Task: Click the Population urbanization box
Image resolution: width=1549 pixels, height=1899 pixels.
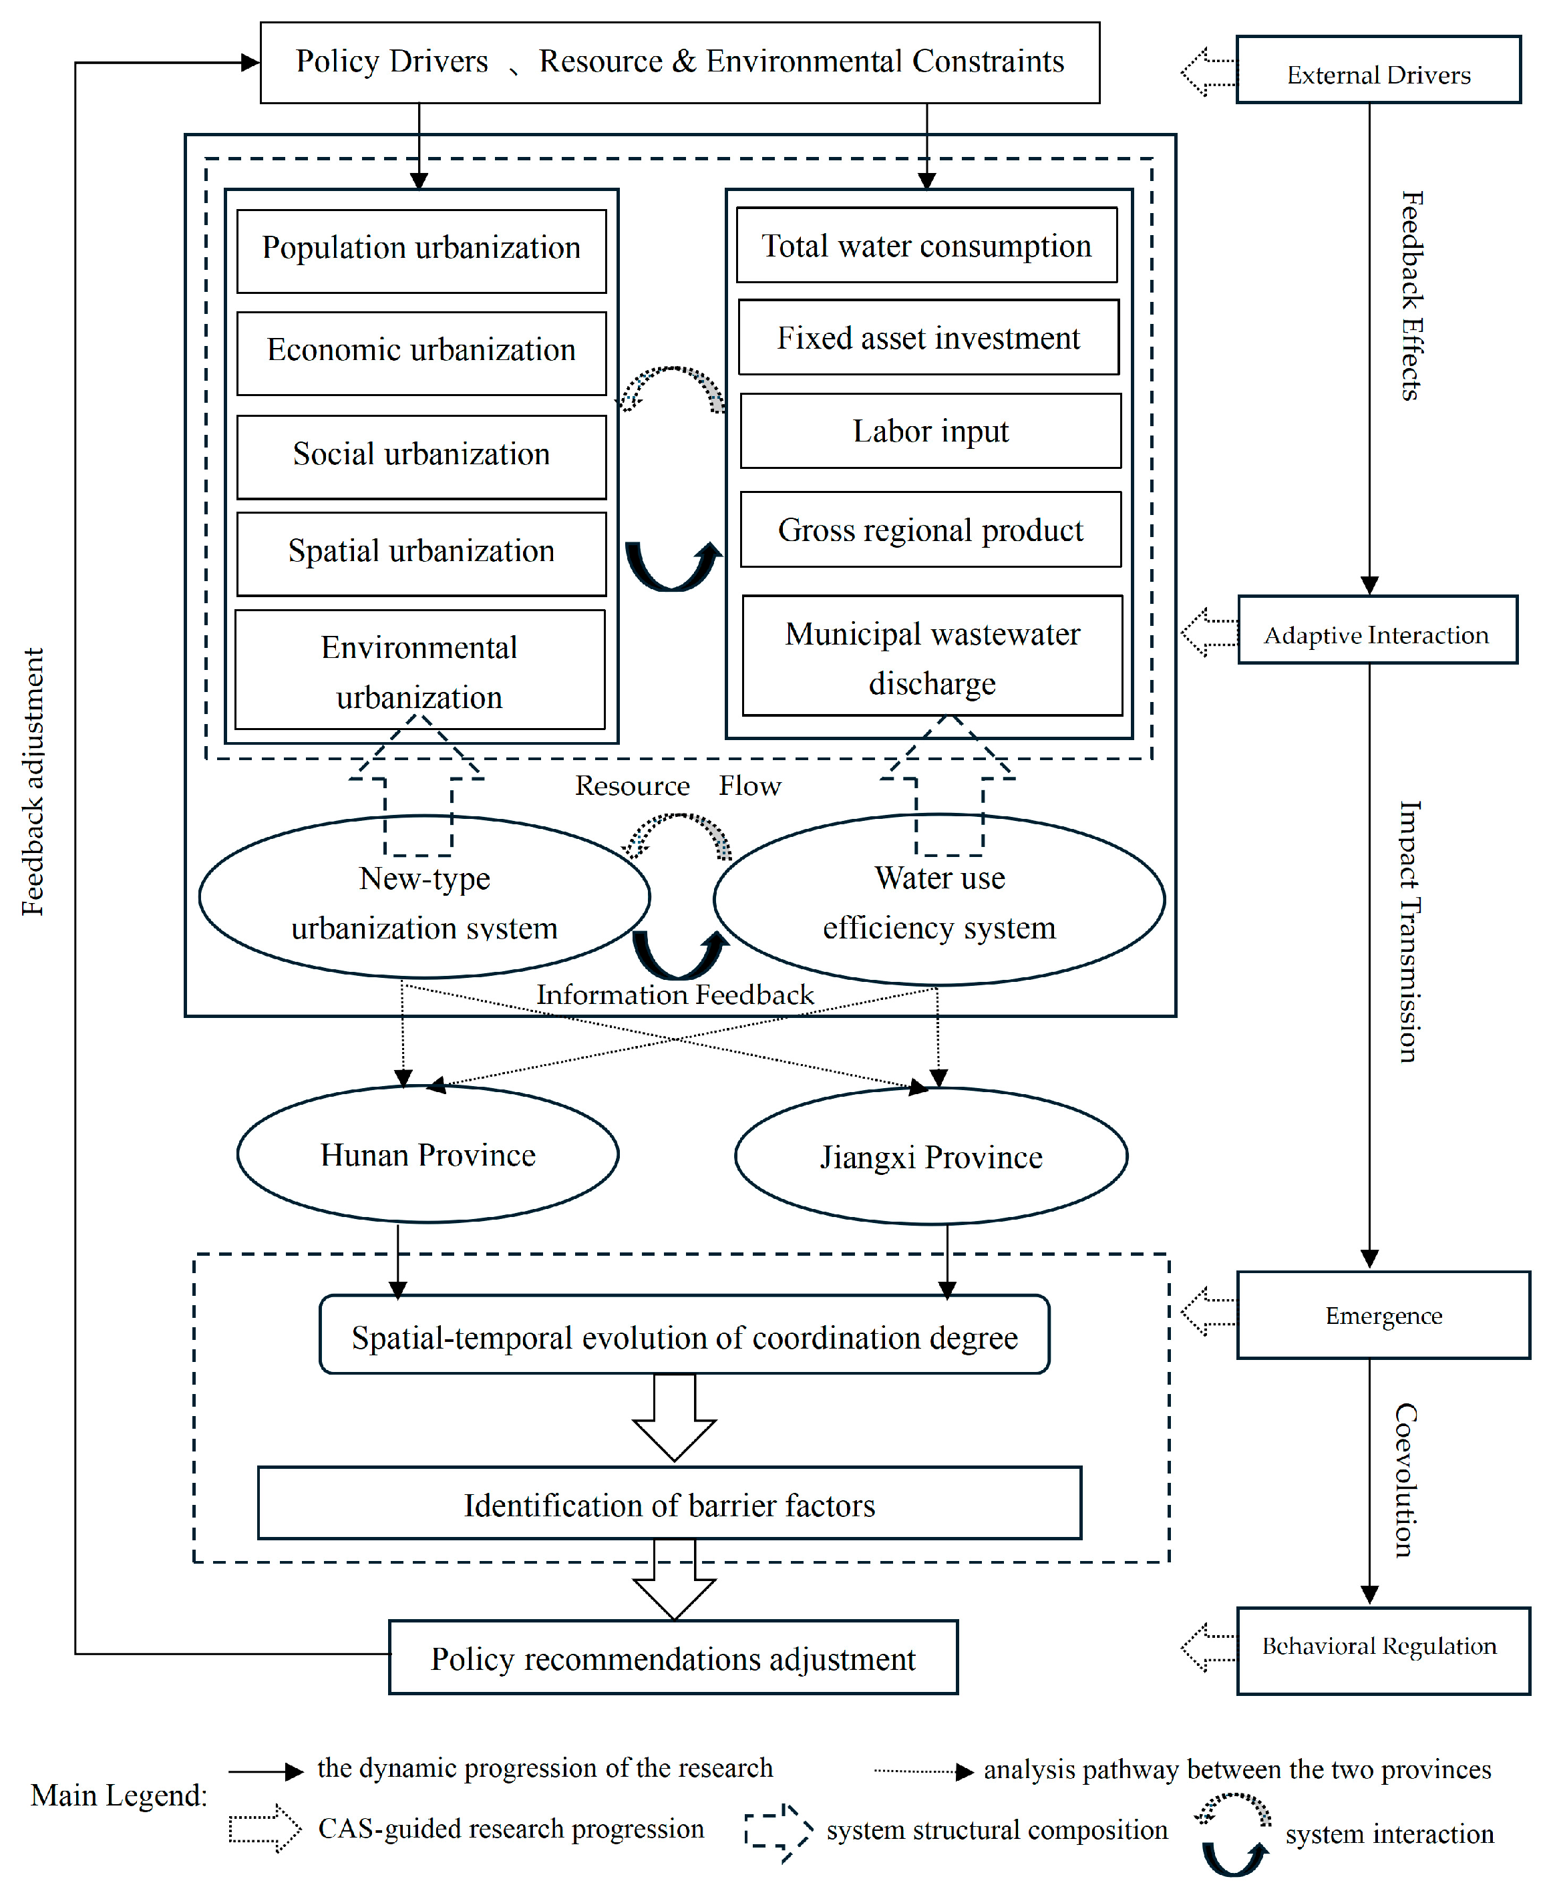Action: pyautogui.click(x=421, y=250)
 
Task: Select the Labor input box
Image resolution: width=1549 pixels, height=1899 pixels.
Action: pyautogui.click(x=930, y=431)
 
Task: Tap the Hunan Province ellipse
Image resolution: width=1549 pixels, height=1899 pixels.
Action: pyautogui.click(x=427, y=1155)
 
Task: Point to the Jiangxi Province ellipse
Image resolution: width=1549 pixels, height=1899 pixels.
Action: pyautogui.click(x=930, y=1156)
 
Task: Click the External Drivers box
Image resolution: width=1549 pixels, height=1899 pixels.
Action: pyautogui.click(x=1379, y=69)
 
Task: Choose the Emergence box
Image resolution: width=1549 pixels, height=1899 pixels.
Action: pyautogui.click(x=1383, y=1315)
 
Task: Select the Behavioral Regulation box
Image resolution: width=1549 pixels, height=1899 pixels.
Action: pyautogui.click(x=1383, y=1651)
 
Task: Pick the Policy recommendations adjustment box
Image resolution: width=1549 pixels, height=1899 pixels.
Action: pyautogui.click(x=674, y=1657)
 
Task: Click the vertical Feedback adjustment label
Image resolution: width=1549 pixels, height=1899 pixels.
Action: pyautogui.click(x=33, y=782)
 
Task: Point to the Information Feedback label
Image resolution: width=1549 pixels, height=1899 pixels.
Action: pyautogui.click(x=675, y=994)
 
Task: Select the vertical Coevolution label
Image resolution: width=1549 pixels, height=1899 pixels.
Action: pyautogui.click(x=1406, y=1480)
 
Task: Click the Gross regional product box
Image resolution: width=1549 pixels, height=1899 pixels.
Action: pyautogui.click(x=930, y=529)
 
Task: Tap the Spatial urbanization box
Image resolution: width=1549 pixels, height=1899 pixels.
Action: pyautogui.click(x=421, y=553)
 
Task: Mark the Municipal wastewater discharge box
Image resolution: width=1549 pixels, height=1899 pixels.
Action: pyautogui.click(x=932, y=656)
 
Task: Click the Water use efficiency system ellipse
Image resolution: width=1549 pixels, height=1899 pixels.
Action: pyautogui.click(x=938, y=900)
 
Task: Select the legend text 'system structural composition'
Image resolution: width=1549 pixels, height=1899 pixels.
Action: pyautogui.click(x=997, y=1830)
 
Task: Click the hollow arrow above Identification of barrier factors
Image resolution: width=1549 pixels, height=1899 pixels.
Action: pyautogui.click(x=675, y=1418)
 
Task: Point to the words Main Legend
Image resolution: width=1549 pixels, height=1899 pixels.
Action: pyautogui.click(x=119, y=1795)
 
